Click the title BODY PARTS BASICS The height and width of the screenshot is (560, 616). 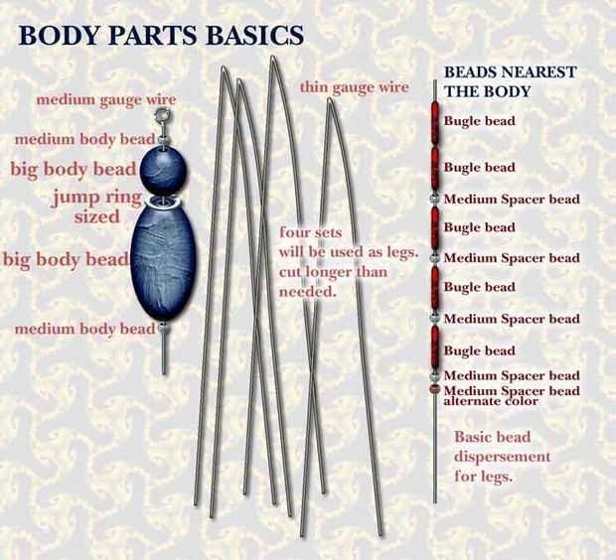tap(161, 35)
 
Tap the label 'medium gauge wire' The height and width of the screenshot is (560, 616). tap(106, 99)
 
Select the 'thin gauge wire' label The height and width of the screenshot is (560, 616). tap(354, 87)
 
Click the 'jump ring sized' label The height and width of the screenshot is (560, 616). tap(96, 207)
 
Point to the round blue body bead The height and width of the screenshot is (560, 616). tap(162, 170)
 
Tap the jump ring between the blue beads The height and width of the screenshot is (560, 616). tap(163, 204)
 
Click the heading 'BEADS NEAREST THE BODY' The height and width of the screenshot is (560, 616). tap(508, 81)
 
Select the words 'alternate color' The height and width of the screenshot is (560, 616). tap(491, 402)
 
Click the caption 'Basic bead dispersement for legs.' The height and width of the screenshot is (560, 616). tap(501, 456)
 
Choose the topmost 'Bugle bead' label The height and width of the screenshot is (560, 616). tap(479, 121)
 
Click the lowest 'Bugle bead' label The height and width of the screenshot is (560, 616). tap(479, 350)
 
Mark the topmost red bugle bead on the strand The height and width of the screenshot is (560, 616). tap(435, 123)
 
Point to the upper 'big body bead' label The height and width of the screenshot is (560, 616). tap(73, 169)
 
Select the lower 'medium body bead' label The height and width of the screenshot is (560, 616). tap(84, 329)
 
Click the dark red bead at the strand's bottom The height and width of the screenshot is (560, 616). tap(435, 391)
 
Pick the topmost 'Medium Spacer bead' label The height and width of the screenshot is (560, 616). tap(511, 200)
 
